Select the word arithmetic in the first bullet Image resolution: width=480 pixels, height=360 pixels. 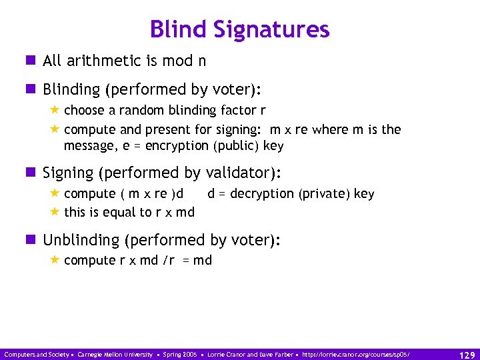pyautogui.click(x=103, y=61)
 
